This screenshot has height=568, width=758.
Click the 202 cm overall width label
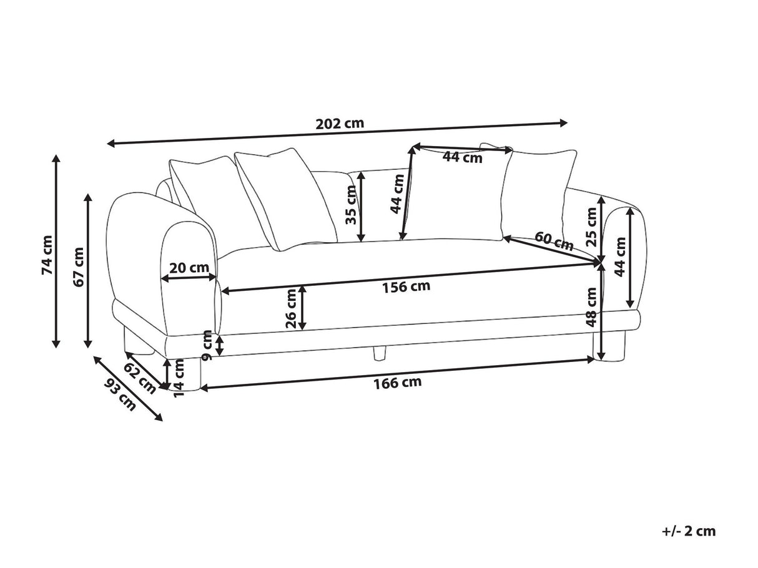pyautogui.click(x=340, y=123)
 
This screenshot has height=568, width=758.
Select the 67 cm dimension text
pyautogui.click(x=79, y=267)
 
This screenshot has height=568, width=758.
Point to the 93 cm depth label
pyautogui.click(x=121, y=394)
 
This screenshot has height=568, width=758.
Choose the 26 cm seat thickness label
pyautogui.click(x=291, y=309)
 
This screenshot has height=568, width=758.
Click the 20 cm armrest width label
pyautogui.click(x=189, y=268)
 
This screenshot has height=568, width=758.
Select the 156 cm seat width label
pyautogui.click(x=406, y=286)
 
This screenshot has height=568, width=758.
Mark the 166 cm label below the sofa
pyautogui.click(x=398, y=383)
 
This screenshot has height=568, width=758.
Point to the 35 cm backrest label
pyautogui.click(x=352, y=206)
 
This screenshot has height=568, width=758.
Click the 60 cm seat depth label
pyautogui.click(x=554, y=241)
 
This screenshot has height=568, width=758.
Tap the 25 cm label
pyautogui.click(x=591, y=225)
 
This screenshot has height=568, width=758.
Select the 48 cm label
pyautogui.click(x=591, y=307)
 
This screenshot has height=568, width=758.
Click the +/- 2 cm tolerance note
pyautogui.click(x=689, y=532)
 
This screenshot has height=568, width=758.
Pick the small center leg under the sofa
pyautogui.click(x=378, y=354)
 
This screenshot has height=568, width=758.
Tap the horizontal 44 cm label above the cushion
pyautogui.click(x=462, y=157)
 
